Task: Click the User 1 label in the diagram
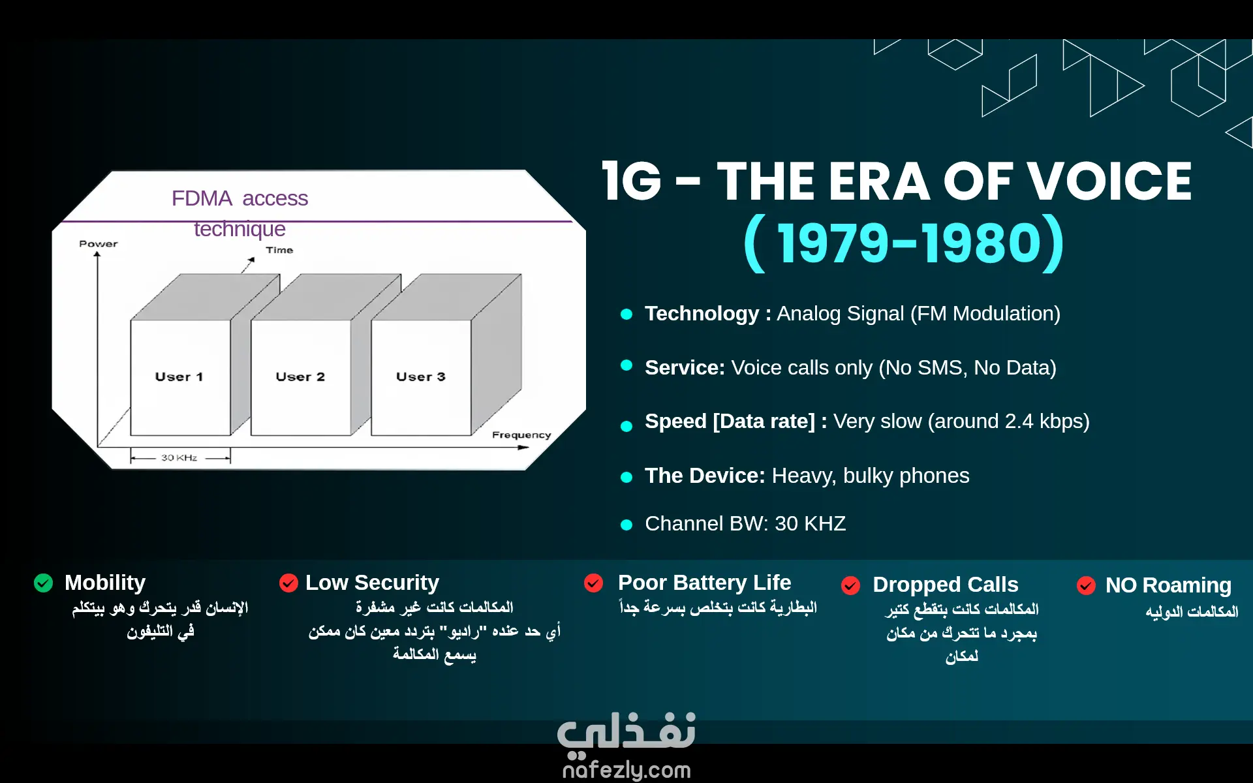pos(179,376)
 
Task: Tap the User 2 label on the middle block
pos(300,376)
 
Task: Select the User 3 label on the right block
pos(421,376)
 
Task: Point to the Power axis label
pos(99,243)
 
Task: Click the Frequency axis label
pos(521,435)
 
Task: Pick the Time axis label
pos(279,250)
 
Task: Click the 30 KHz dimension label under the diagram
pos(179,457)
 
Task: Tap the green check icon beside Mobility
pos(43,583)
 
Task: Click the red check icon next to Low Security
pos(288,583)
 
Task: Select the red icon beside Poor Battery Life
pos(594,583)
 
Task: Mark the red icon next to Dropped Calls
pos(850,585)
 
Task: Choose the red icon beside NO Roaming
pos(1086,585)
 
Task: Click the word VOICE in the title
pos(1109,181)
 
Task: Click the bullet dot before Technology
pos(626,315)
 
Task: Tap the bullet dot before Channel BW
pos(626,525)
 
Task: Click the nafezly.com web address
pos(626,770)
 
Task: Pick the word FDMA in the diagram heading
pos(202,198)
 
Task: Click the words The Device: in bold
pos(705,476)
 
